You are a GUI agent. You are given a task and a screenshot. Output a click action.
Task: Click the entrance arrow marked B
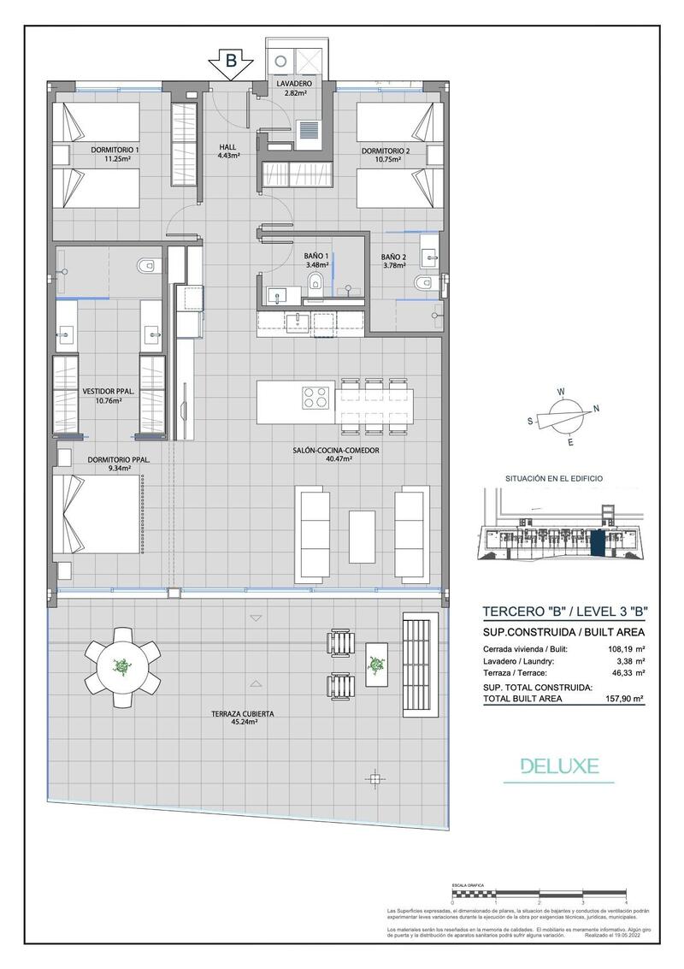230,63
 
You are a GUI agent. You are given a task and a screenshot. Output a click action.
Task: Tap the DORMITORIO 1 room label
115,154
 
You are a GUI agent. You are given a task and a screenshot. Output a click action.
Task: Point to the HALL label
227,151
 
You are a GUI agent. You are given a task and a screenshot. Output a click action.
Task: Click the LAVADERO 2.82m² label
293,88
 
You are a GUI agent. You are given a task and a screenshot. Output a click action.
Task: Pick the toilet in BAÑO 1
315,283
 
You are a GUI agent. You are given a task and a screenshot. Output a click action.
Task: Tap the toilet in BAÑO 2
421,284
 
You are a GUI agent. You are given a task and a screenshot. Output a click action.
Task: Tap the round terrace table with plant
122,667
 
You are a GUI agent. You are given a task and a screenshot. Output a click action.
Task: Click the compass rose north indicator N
596,408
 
